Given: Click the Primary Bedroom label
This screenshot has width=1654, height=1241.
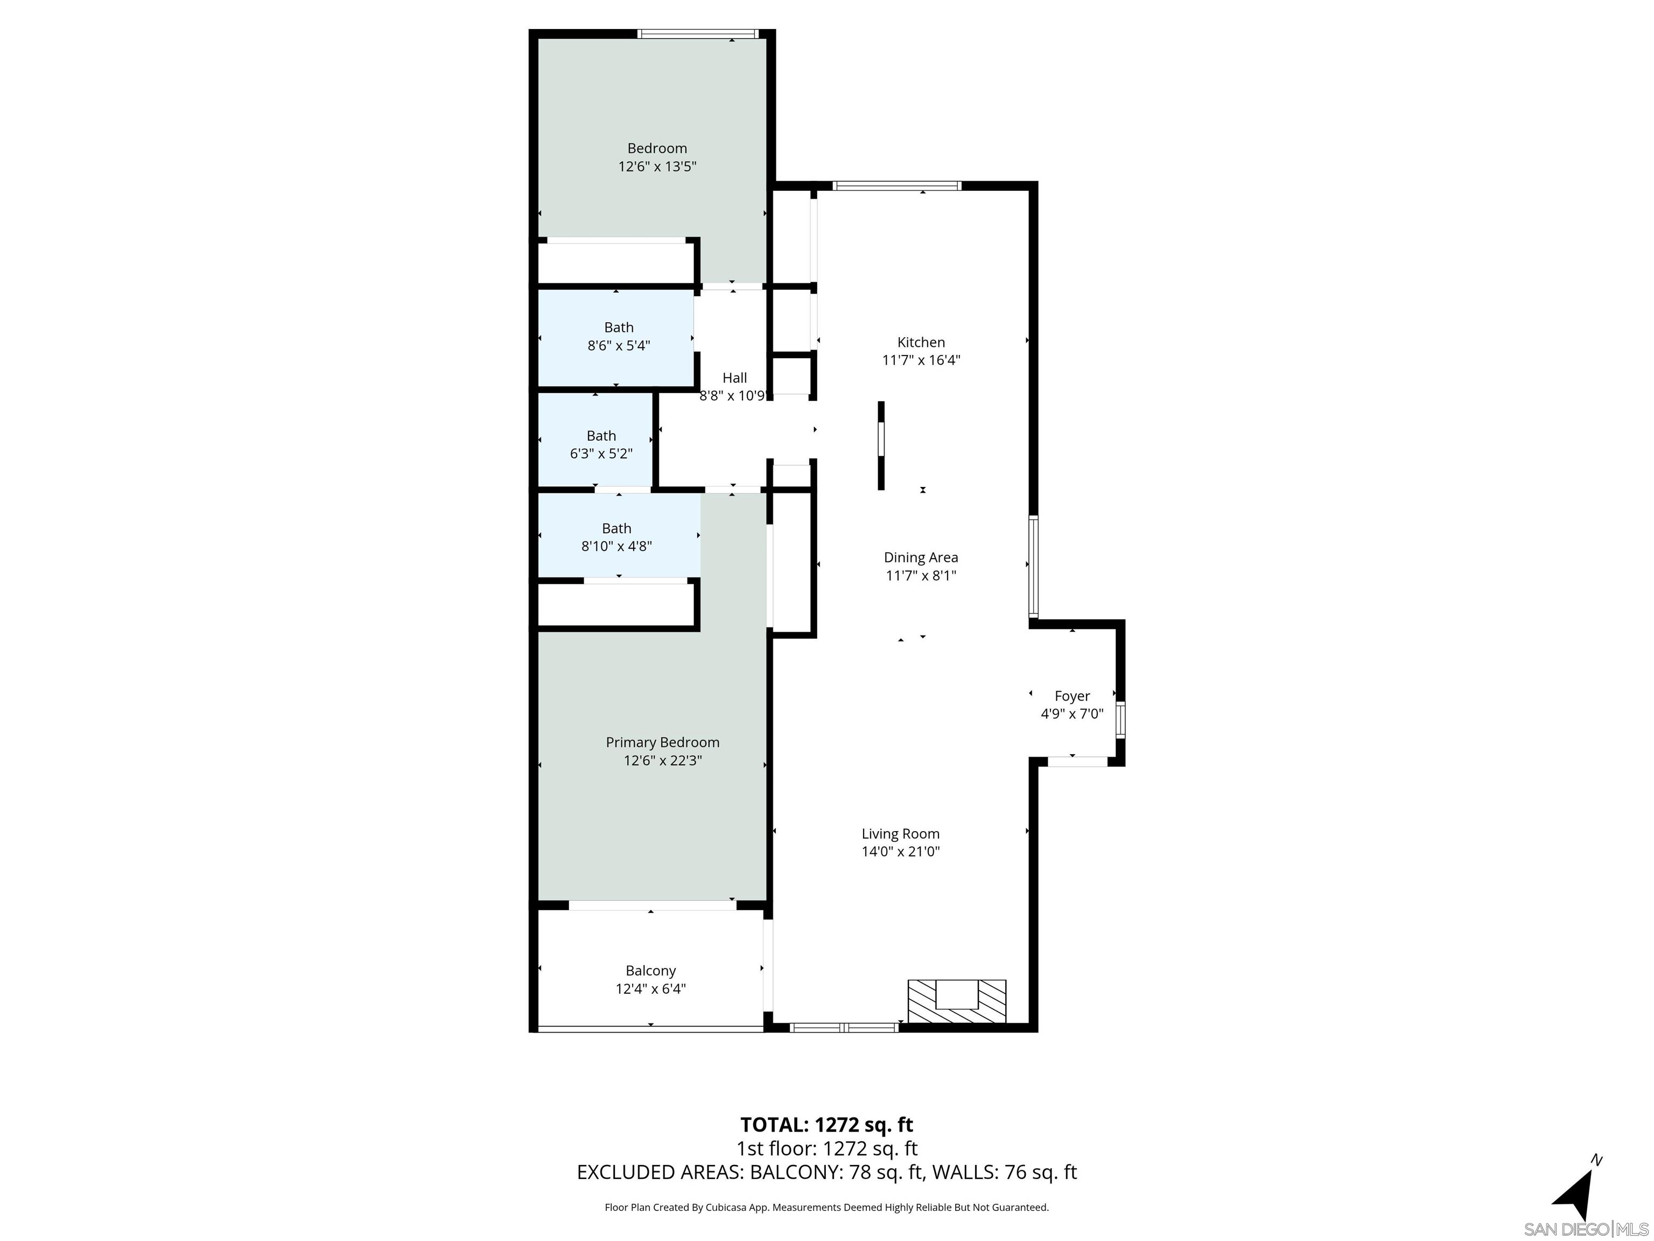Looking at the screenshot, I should tap(662, 742).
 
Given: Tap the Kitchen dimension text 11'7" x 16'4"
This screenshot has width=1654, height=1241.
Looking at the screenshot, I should tap(921, 360).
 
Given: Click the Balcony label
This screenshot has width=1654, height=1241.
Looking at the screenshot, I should tap(650, 970).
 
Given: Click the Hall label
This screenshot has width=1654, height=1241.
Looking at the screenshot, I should tap(734, 378).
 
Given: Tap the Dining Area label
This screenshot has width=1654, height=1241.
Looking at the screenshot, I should tap(921, 557).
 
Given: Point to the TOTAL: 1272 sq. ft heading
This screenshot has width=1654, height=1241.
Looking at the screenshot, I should tap(826, 1124).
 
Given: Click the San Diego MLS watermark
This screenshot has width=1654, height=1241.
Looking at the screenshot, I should tap(1585, 1229).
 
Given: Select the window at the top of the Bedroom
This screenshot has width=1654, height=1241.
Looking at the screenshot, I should tap(698, 33).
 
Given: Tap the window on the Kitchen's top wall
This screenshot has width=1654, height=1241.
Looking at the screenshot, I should tap(896, 185).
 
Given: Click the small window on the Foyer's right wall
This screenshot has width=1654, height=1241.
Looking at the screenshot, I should tap(1119, 720).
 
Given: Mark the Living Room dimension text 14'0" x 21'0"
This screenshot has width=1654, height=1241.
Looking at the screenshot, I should tap(900, 850).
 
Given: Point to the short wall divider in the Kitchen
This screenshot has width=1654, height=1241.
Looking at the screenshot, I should tap(881, 446).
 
